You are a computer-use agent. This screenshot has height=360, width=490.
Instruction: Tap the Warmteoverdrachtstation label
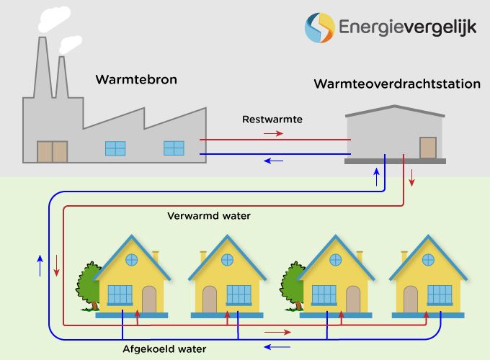[x=397, y=84]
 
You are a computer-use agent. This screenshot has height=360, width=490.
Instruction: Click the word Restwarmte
[x=271, y=119]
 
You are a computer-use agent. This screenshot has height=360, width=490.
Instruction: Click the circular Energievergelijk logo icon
[x=320, y=27]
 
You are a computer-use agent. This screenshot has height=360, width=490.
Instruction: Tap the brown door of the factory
[x=53, y=151]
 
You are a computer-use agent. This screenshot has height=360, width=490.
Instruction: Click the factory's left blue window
[x=115, y=148]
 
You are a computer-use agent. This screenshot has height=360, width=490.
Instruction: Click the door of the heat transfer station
[x=429, y=148]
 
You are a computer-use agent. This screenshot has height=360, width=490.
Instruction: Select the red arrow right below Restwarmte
[x=274, y=133]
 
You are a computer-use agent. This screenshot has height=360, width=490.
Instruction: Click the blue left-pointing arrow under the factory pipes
[x=274, y=160]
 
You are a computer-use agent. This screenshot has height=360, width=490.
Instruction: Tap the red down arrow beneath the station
[x=412, y=178]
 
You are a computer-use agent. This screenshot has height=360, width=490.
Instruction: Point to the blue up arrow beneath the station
[x=375, y=178]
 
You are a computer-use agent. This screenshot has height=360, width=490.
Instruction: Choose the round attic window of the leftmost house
[x=132, y=259]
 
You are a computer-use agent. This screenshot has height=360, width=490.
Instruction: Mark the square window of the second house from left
[x=238, y=294]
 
